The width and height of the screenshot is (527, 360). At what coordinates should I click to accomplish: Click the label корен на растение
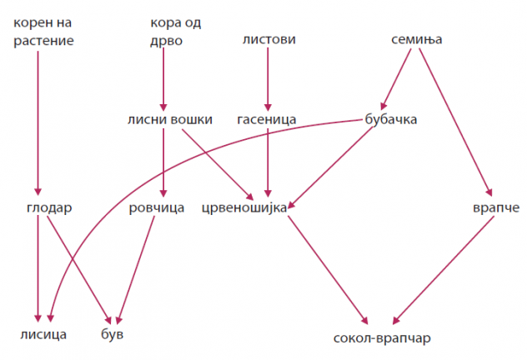pyautogui.click(x=43, y=32)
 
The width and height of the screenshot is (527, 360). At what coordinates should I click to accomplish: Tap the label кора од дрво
pyautogui.click(x=175, y=32)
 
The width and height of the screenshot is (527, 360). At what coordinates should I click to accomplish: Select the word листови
pyautogui.click(x=269, y=40)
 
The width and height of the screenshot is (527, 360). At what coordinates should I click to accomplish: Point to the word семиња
pyautogui.click(x=416, y=40)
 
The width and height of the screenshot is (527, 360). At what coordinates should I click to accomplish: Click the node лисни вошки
pyautogui.click(x=170, y=119)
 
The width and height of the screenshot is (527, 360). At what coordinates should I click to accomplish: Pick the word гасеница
pyautogui.click(x=267, y=119)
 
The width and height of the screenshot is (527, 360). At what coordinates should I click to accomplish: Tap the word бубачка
pyautogui.click(x=391, y=119)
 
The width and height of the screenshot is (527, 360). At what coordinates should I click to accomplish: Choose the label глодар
pyautogui.click(x=49, y=207)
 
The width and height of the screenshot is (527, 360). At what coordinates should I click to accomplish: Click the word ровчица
pyautogui.click(x=157, y=208)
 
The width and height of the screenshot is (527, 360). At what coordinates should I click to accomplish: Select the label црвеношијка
pyautogui.click(x=244, y=208)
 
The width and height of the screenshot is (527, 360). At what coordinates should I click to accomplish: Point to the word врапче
pyautogui.click(x=496, y=208)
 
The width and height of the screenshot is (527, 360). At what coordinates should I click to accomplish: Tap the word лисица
pyautogui.click(x=43, y=335)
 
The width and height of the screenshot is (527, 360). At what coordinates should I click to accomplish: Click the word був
pyautogui.click(x=113, y=334)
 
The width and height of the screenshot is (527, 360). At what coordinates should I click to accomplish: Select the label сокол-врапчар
pyautogui.click(x=382, y=338)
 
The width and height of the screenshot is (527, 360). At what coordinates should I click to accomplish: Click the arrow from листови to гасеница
pyautogui.click(x=268, y=79)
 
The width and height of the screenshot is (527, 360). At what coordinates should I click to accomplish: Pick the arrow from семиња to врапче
pyautogui.click(x=456, y=122)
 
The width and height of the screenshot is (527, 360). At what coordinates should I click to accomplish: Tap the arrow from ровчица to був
pyautogui.click(x=136, y=270)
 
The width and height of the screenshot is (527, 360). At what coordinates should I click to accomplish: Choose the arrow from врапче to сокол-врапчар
pyautogui.click(x=444, y=270)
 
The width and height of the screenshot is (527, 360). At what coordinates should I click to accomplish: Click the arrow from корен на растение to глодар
pyautogui.click(x=38, y=122)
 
